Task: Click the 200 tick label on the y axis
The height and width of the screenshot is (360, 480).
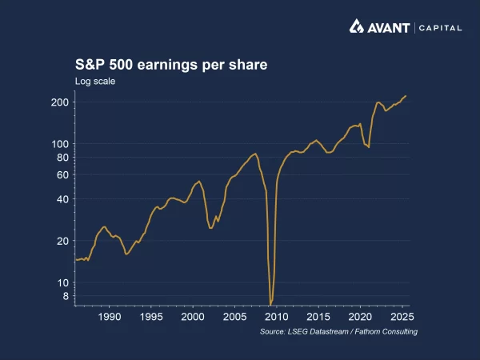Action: pos(60,102)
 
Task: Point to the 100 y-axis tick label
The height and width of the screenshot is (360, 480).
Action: pos(60,144)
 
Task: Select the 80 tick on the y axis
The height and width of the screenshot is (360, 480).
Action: pos(62,158)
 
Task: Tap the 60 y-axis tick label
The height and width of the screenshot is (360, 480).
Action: pos(62,174)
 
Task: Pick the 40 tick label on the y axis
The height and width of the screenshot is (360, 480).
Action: pos(62,199)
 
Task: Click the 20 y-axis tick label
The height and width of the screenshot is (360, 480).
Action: pos(62,241)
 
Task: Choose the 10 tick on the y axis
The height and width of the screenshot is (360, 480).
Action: pos(62,282)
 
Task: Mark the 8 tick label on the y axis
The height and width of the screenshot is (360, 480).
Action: pos(65,296)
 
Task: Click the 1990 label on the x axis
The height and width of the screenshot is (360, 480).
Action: pos(110,317)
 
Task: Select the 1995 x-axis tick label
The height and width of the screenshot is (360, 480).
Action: pos(151,317)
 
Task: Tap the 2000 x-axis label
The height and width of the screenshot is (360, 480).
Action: pos(193,317)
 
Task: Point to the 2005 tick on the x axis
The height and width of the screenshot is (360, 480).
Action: pos(234,317)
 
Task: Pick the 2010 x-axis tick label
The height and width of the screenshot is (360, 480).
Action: pos(277,317)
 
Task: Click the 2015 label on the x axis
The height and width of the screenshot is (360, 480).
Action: pos(318,317)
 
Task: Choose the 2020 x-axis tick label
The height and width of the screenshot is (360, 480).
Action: pos(360,317)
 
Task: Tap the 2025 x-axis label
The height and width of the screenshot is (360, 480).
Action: pos(402,317)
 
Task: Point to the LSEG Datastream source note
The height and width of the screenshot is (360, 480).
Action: pos(338,331)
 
